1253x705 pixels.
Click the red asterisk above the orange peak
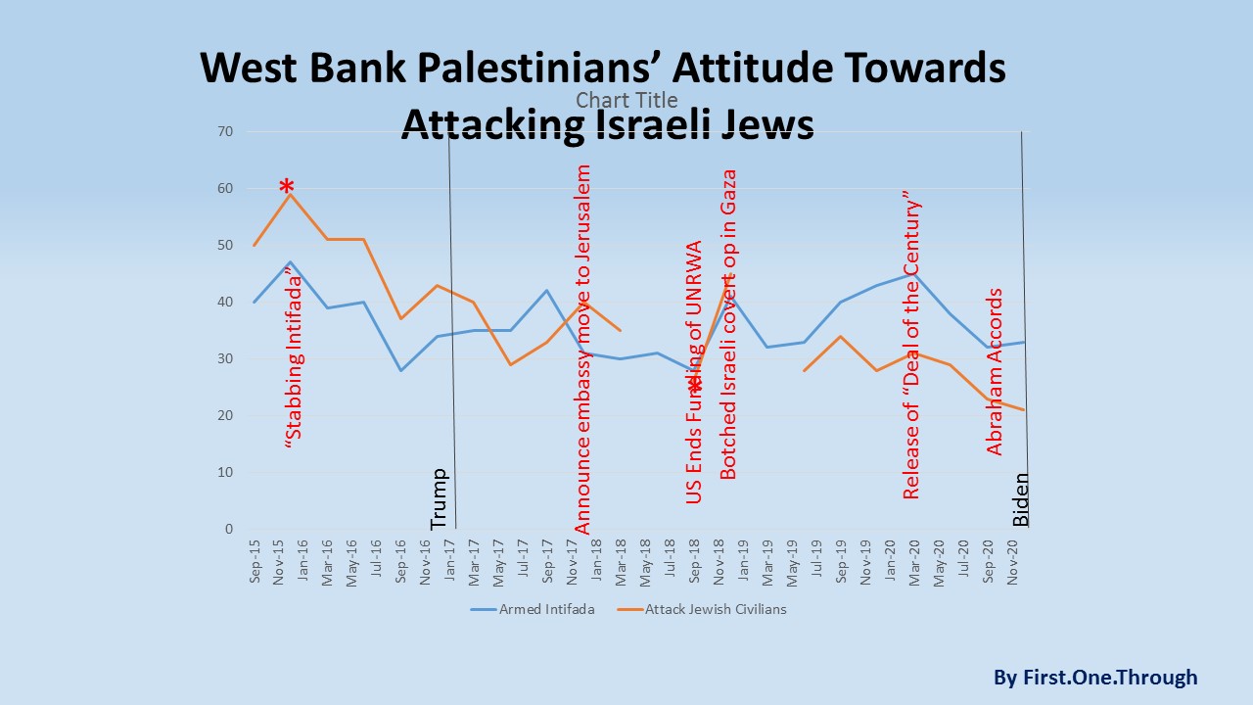286,188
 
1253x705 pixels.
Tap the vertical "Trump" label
439,499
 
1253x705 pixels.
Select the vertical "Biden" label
1020,499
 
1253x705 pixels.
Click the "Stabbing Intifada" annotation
293,361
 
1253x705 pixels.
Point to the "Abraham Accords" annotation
995,371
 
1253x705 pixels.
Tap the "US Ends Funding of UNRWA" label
694,372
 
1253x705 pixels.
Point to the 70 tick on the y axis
225,131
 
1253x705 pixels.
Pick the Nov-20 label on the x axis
1012,562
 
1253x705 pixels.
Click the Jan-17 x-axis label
449,562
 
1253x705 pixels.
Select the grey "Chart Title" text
626,100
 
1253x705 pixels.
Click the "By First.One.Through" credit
1094,677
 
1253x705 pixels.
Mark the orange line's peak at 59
291,194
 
